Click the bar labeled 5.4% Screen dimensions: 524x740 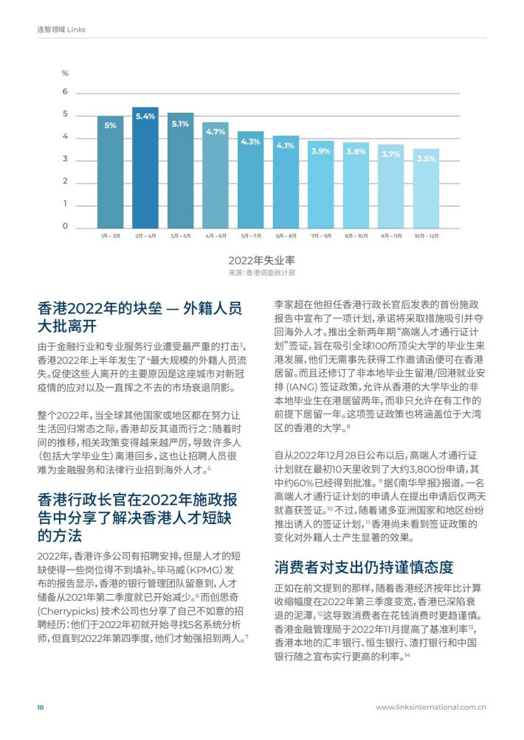click(145, 167)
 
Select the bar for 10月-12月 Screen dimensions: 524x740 click(426, 189)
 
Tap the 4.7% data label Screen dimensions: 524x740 click(216, 132)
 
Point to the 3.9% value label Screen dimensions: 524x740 click(321, 151)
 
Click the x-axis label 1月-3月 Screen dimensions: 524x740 click(111, 236)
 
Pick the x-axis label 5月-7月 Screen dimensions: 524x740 click(251, 236)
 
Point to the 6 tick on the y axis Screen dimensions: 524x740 click(65, 91)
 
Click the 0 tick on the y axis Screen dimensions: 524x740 click(65, 226)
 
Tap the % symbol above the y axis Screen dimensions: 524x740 click(65, 73)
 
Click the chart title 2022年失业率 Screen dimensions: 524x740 click(262, 260)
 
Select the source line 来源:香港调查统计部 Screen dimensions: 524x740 click(262, 273)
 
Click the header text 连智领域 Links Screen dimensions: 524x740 click(61, 29)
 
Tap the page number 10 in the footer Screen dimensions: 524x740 click(40, 707)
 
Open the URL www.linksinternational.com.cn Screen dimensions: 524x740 click(431, 707)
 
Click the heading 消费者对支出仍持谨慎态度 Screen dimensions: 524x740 click(364, 567)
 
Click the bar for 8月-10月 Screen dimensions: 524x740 click(356, 186)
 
